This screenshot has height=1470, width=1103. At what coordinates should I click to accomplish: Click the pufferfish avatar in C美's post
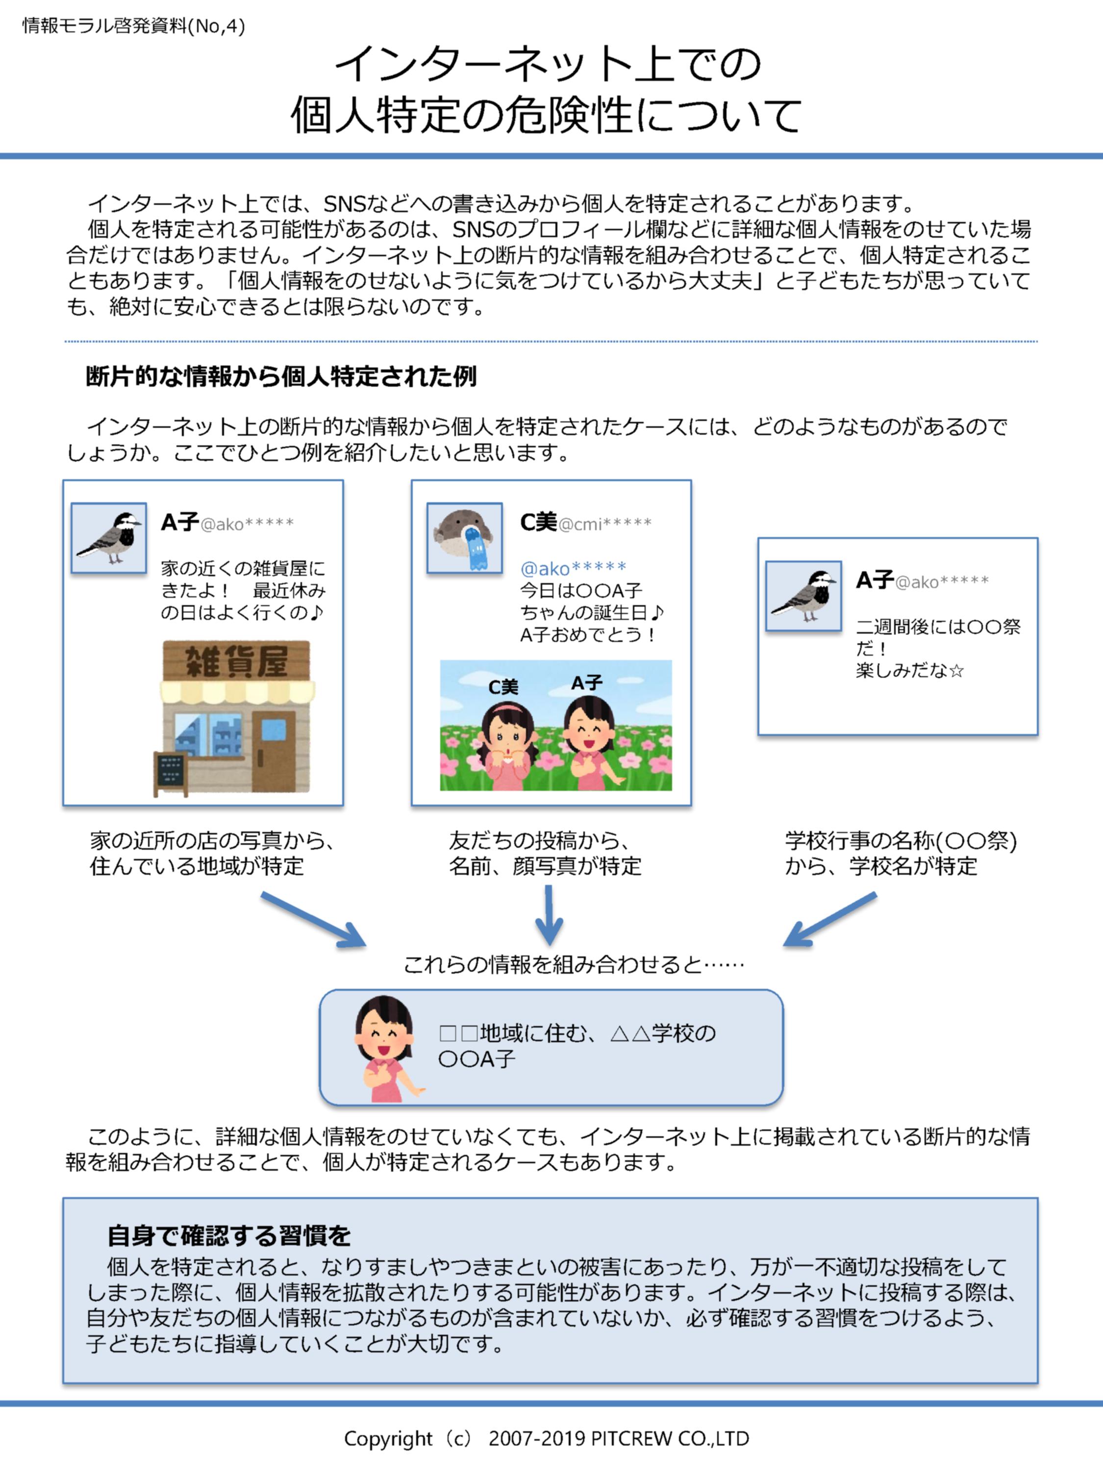tap(464, 538)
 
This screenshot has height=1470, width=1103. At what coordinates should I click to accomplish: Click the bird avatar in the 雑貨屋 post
tap(109, 538)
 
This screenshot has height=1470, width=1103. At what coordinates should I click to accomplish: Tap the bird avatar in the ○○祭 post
tap(803, 595)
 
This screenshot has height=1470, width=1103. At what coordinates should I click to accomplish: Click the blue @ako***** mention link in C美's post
tap(573, 568)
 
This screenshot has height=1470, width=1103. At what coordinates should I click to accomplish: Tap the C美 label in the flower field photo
tap(503, 686)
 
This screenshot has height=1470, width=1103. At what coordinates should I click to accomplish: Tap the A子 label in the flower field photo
tap(587, 683)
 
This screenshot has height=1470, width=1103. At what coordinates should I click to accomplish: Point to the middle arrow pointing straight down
tap(549, 915)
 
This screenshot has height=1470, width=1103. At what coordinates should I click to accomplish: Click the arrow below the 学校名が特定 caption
tap(830, 920)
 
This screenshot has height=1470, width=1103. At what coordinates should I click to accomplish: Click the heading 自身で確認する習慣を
tap(229, 1235)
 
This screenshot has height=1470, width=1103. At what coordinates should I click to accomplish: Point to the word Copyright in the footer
tap(388, 1438)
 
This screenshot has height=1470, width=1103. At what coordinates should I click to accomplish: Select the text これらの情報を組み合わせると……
tap(574, 964)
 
